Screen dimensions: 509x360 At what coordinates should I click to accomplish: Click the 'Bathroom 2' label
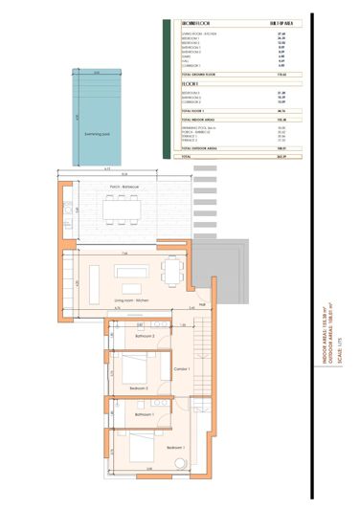tap(145, 337)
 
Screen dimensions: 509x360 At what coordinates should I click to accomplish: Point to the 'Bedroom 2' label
tap(139, 387)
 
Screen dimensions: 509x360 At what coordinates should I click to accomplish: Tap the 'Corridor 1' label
tap(183, 369)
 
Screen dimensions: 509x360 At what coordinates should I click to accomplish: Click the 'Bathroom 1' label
tap(145, 415)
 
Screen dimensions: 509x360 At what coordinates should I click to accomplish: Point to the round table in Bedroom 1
tap(182, 465)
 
